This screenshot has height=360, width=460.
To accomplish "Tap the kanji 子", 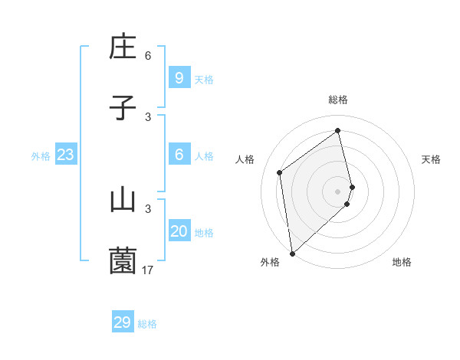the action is coord(123,108).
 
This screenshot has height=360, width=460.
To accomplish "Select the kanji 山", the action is coord(123,200).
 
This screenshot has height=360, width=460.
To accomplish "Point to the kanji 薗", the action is coord(123,261).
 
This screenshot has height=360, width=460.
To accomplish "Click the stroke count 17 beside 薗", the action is coord(148,270).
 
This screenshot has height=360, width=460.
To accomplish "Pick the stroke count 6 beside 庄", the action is coord(148,55).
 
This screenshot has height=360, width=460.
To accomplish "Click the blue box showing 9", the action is coord(179,77).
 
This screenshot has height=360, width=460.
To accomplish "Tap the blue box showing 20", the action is coord(179,231).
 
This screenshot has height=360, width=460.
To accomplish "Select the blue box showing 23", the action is coord(65,155).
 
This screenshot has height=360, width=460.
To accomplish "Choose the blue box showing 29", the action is coord(123,322).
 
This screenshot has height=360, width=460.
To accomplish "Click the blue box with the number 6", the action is coord(179,155).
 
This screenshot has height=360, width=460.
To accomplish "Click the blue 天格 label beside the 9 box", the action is coord(204,80).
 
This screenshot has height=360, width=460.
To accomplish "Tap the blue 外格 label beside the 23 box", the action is coord(41,156).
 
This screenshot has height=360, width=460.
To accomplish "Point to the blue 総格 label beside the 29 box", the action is coord(147,324).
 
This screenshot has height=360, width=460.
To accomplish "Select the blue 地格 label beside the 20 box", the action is coord(204,233).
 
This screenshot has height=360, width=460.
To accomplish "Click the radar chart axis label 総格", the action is coord(338,100).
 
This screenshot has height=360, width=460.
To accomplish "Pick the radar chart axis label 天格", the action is coord(432,159).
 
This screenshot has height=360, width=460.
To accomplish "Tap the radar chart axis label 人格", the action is coord(245,159).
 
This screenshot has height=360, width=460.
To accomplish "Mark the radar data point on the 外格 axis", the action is coord(291,253).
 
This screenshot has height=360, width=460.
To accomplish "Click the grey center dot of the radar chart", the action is coord(338,191).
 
